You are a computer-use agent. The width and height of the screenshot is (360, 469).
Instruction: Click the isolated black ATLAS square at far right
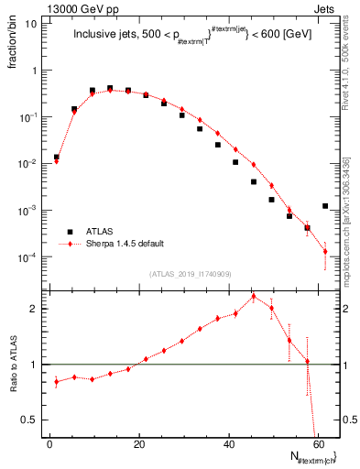pos(325,206)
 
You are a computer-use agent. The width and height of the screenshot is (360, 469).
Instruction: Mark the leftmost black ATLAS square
pos(56,157)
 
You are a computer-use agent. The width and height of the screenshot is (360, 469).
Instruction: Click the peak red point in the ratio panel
pos(254,296)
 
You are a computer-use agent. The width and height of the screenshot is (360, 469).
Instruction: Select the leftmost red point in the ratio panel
pos(56,381)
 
